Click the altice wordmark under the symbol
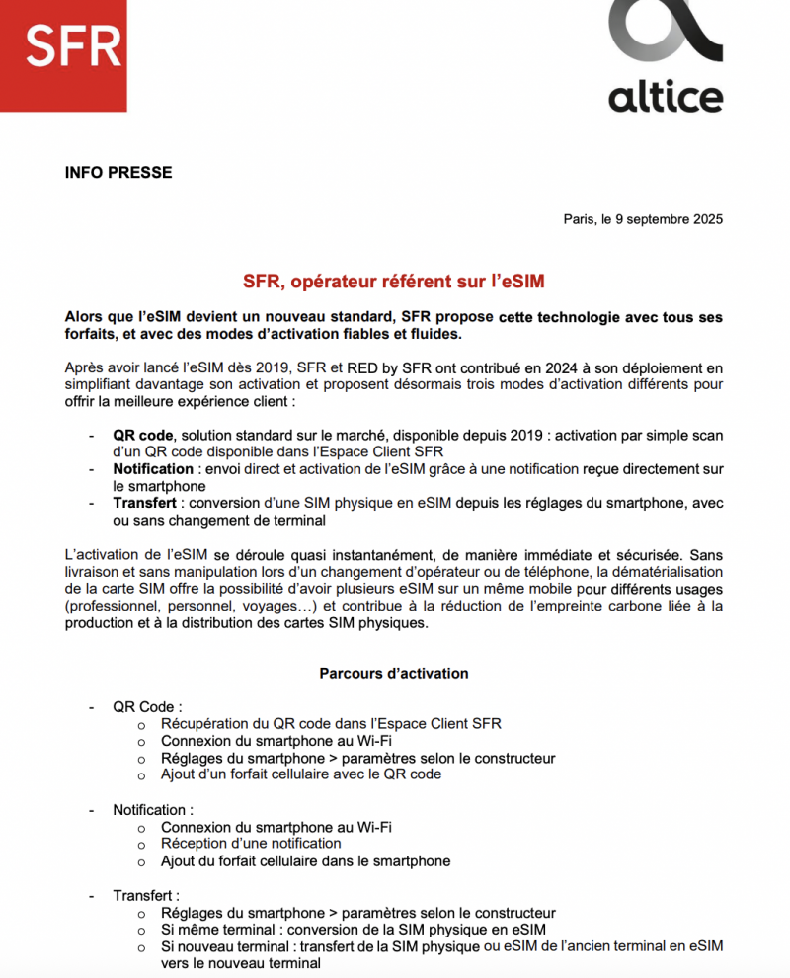pyautogui.click(x=666, y=97)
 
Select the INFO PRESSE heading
pyautogui.click(x=118, y=173)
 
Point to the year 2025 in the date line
pyautogui.click(x=705, y=219)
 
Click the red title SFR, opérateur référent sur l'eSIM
pyautogui.click(x=395, y=282)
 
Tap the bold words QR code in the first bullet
pyautogui.click(x=143, y=436)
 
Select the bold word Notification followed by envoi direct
pyautogui.click(x=153, y=469)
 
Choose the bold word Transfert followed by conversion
pyautogui.click(x=146, y=503)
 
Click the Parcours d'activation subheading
pyautogui.click(x=394, y=674)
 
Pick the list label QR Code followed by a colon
pyautogui.click(x=147, y=707)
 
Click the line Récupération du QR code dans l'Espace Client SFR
pyautogui.click(x=331, y=724)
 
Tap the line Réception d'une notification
pyautogui.click(x=251, y=844)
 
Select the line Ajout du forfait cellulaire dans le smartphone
pyautogui.click(x=305, y=861)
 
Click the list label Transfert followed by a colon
pyautogui.click(x=146, y=896)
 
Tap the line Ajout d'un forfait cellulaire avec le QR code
pyautogui.click(x=301, y=774)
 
